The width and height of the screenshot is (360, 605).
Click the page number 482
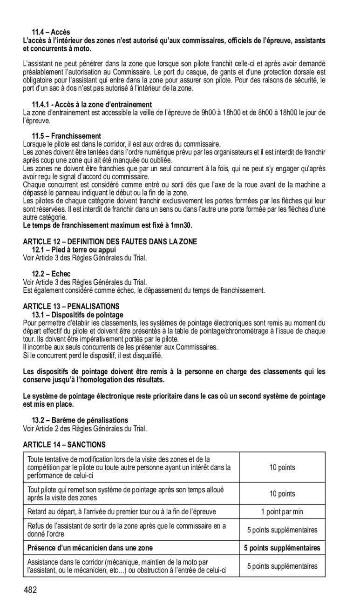tap(31, 590)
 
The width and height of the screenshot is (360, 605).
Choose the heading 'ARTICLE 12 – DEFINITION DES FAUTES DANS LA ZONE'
tap(110, 241)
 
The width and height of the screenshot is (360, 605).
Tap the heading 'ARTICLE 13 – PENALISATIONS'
tap(71, 306)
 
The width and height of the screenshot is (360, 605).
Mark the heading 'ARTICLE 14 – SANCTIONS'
tap(64, 445)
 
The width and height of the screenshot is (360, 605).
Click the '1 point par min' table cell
tap(282, 512)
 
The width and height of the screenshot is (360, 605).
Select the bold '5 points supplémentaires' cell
tap(282, 548)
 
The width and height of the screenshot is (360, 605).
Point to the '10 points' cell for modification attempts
tap(282, 467)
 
